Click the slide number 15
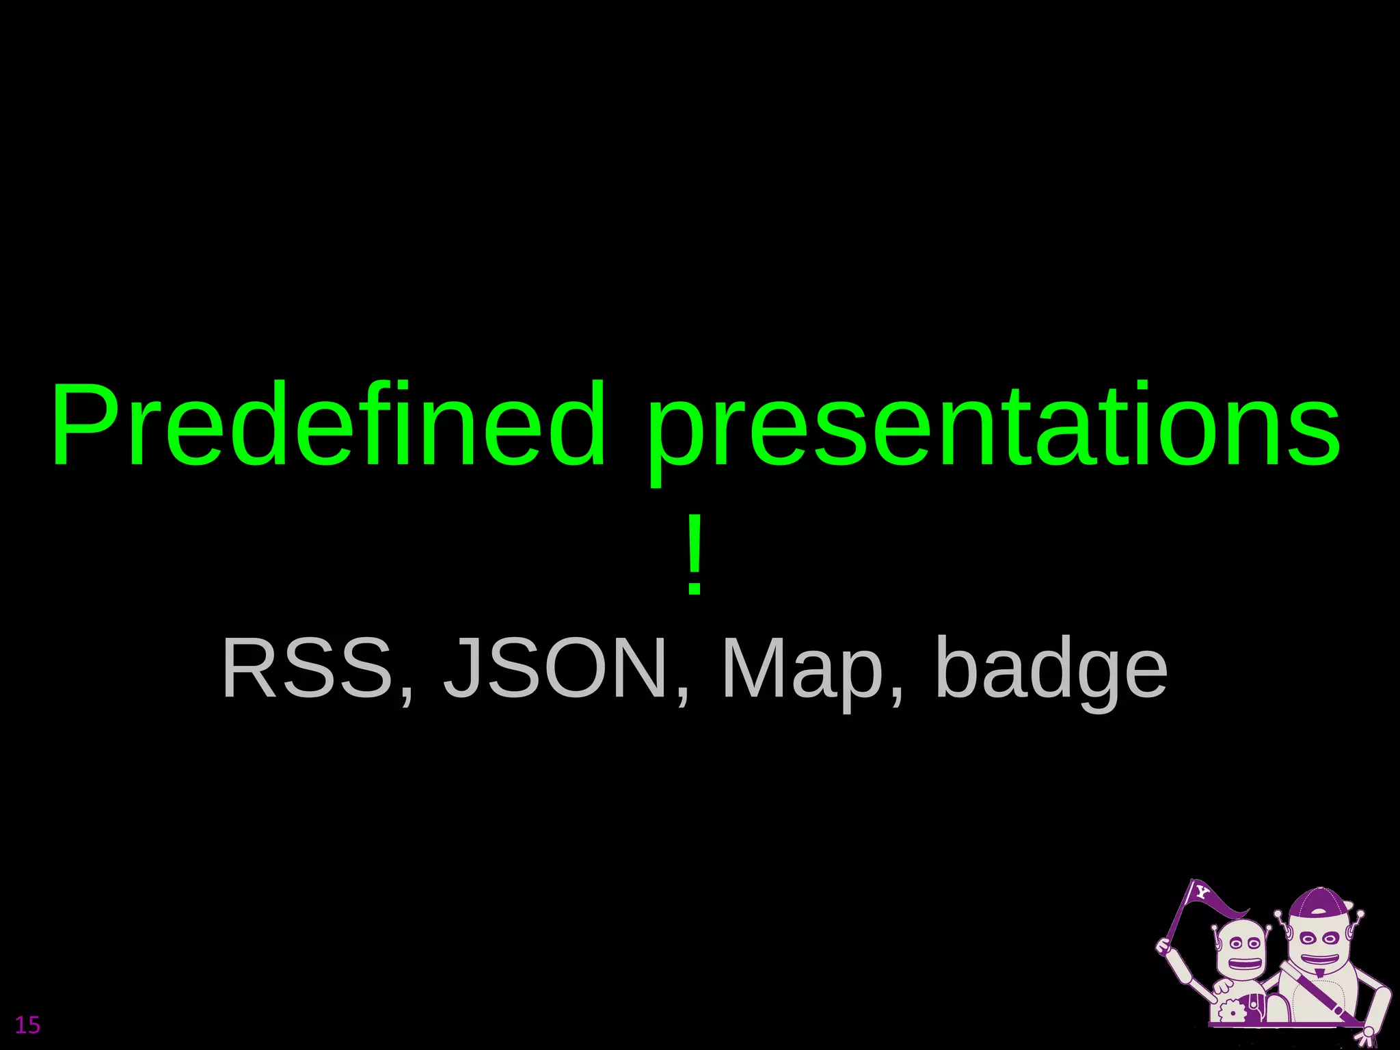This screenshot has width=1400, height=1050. (x=27, y=1025)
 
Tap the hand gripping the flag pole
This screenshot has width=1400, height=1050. (x=1164, y=945)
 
